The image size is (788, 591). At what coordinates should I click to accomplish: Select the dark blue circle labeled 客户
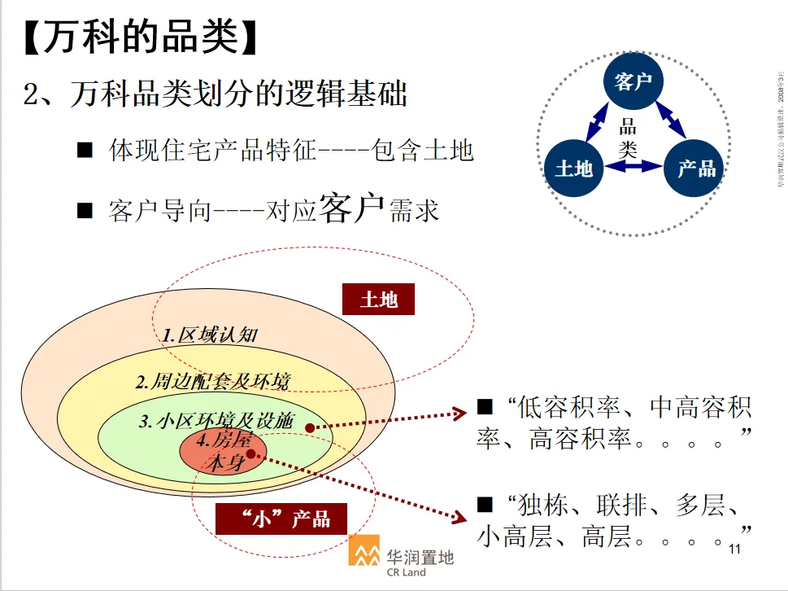point(634,81)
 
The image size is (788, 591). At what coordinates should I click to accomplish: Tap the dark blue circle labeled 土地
point(573,169)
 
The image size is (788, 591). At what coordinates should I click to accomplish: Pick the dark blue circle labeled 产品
point(696,169)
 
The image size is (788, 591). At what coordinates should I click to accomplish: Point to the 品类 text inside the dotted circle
point(627,138)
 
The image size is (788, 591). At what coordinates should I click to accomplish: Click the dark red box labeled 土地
point(378,300)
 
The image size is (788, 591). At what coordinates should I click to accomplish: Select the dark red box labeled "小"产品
point(281,519)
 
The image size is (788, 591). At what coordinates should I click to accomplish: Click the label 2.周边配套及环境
point(213,380)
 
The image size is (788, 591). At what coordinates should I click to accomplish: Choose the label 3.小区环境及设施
point(216,421)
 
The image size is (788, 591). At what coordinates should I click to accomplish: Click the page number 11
point(735,549)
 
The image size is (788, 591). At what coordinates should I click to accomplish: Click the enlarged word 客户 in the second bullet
point(351,210)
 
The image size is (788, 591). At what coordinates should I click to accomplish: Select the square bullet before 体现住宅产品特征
point(85,151)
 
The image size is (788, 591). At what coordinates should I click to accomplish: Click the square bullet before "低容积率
point(485,405)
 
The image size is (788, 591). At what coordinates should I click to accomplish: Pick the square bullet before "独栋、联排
point(485,504)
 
